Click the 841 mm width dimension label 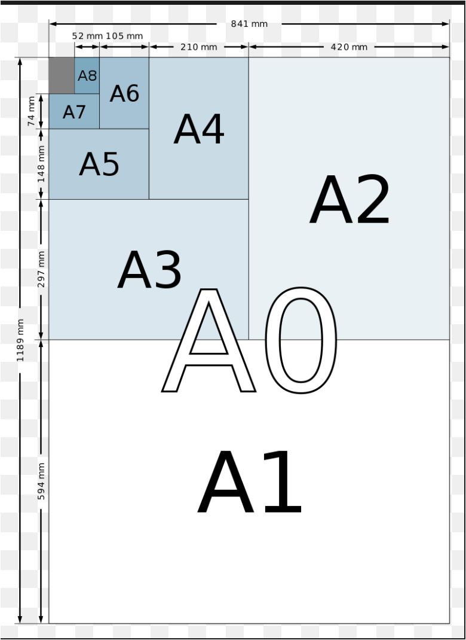coord(249,24)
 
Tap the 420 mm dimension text coord(349,47)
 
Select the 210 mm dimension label coord(198,47)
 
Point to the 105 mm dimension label coord(124,36)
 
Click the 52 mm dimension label coord(87,36)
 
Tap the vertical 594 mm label coord(41,481)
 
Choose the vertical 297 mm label coord(41,269)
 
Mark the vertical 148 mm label coord(41,164)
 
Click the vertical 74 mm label coord(31,111)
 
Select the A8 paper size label coord(87,76)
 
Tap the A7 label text coord(74,112)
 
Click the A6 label coord(124,93)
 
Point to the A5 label coord(99,164)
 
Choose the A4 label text coord(199,129)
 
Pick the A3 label coord(149,270)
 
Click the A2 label coord(349,201)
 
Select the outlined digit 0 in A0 coord(300,340)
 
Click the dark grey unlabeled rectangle coord(62,75)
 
